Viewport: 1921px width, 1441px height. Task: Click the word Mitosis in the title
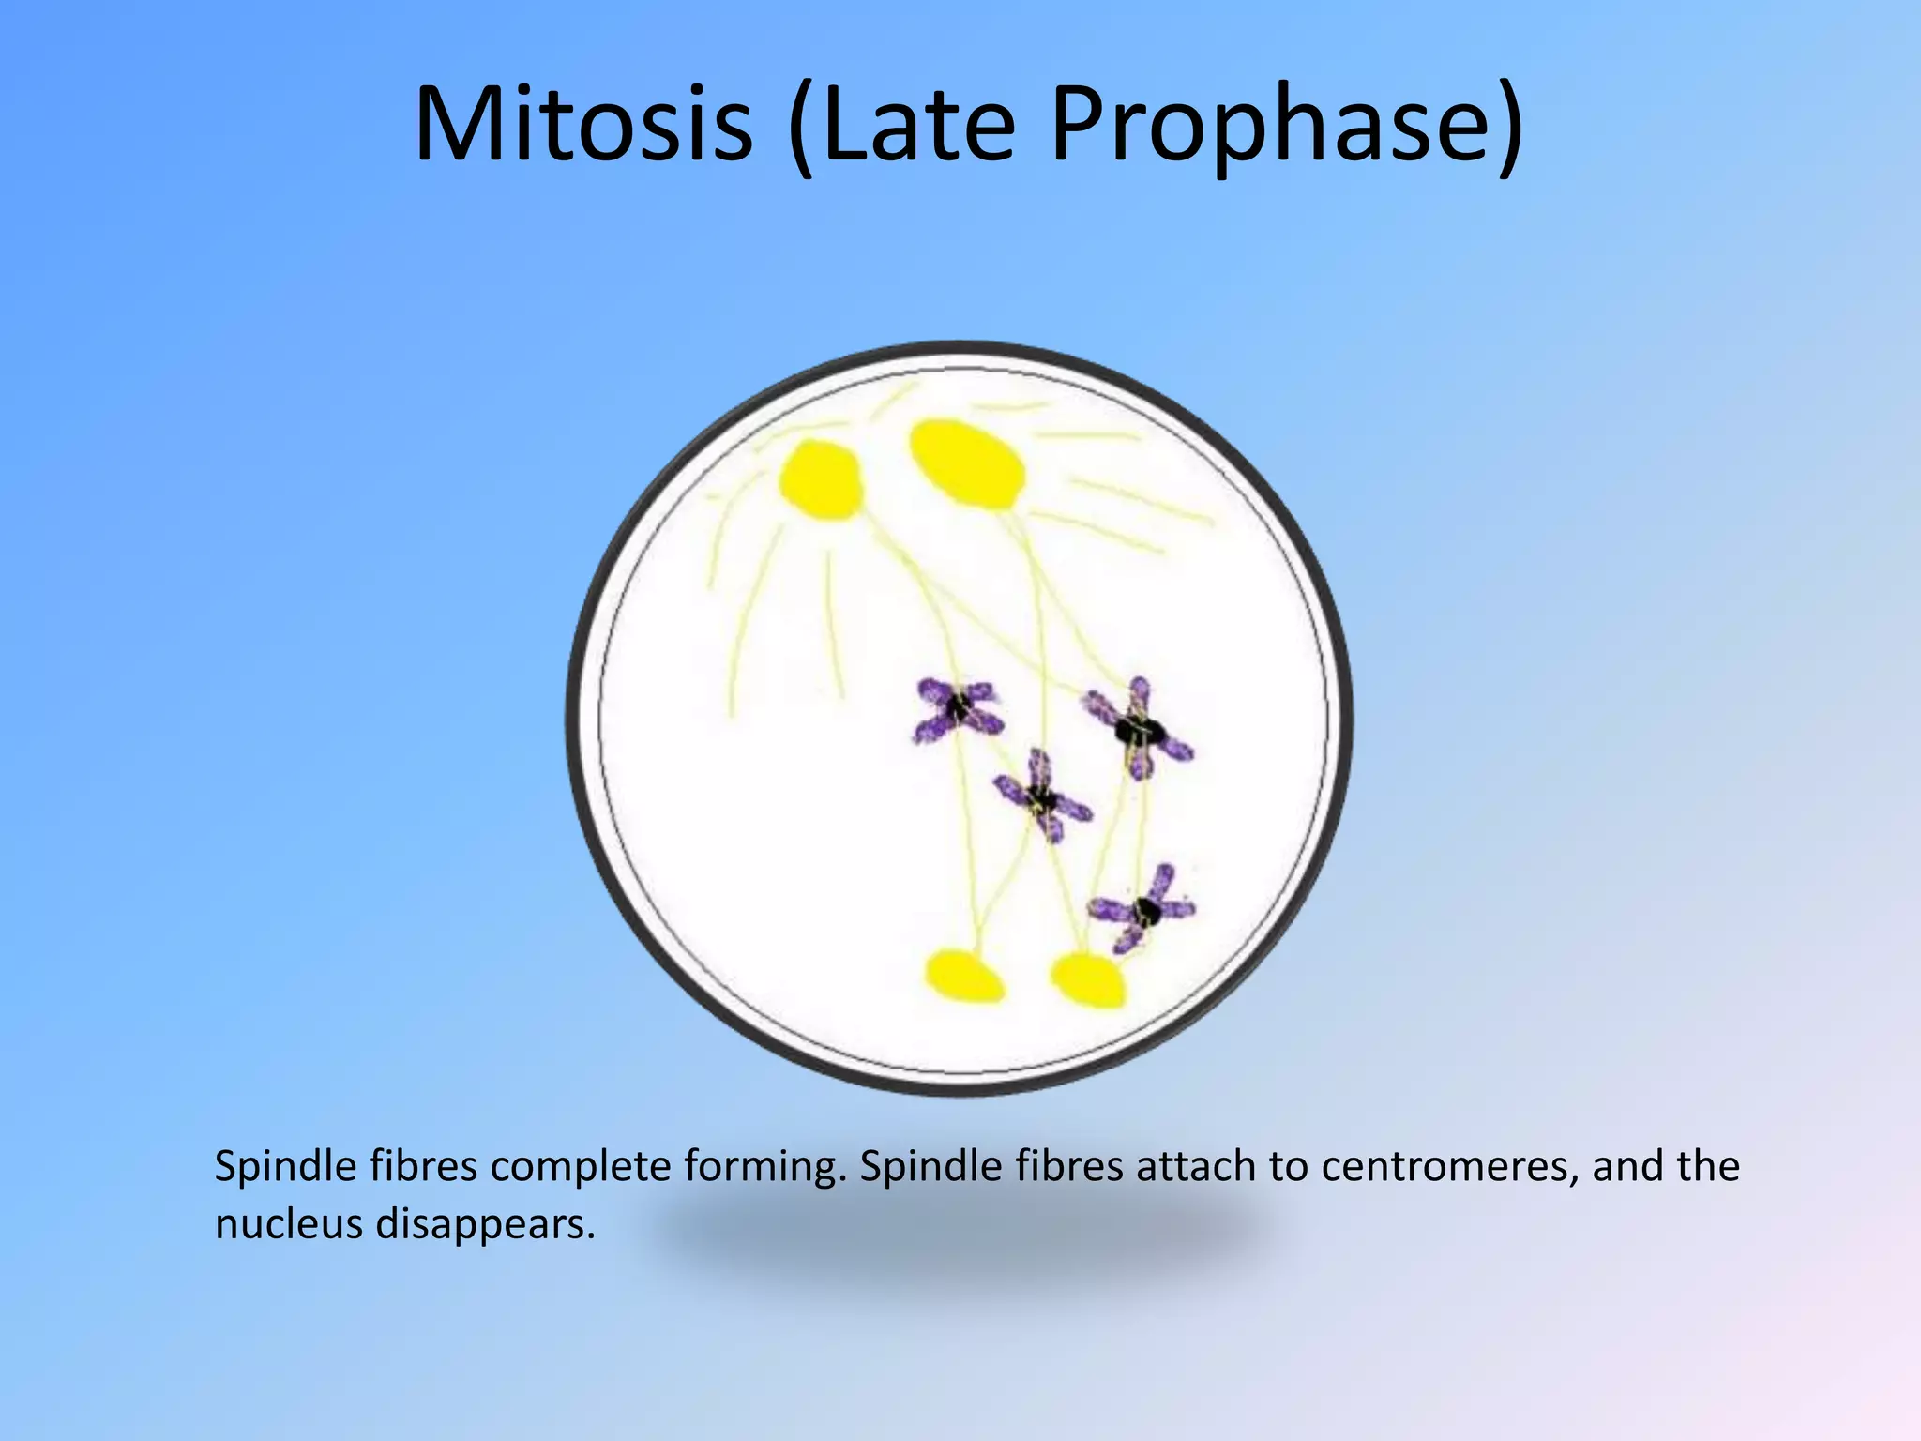pos(583,125)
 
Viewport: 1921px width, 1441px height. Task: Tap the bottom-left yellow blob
pos(963,976)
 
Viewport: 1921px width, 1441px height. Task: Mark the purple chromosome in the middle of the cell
pos(1042,798)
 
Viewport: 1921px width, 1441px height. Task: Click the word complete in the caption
pos(581,1166)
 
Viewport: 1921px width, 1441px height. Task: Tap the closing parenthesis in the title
pos(1508,125)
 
